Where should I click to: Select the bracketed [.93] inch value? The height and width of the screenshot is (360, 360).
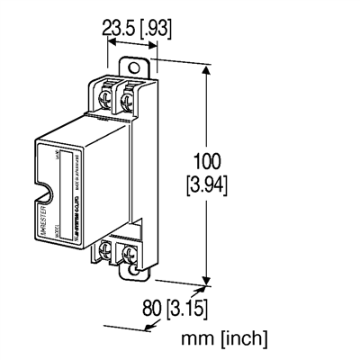coord(155,29)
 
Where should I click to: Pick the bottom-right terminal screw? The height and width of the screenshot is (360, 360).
coord(131,251)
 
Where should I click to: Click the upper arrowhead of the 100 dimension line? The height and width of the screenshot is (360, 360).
coord(209,65)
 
